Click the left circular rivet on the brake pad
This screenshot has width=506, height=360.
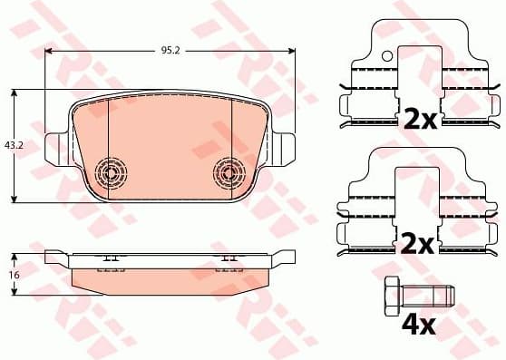click(x=112, y=171)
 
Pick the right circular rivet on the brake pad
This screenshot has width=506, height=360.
click(x=228, y=171)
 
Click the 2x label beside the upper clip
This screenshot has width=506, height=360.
click(x=419, y=118)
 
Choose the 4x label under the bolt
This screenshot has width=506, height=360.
click(x=419, y=324)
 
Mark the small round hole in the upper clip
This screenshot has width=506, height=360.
click(x=387, y=56)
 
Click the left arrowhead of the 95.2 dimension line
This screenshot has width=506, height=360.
click(x=49, y=51)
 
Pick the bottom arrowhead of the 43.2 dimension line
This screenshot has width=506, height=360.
click(x=15, y=199)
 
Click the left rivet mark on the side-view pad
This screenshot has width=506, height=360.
click(x=112, y=258)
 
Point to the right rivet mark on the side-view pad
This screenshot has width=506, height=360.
click(x=228, y=258)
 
